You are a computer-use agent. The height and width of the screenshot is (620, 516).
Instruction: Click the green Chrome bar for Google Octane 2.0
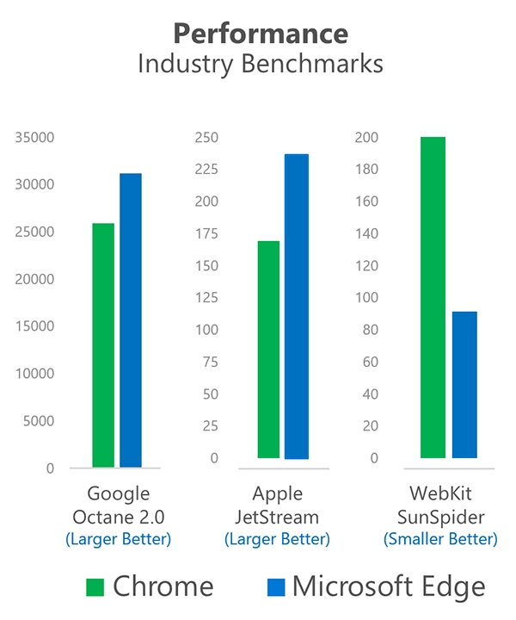(x=103, y=344)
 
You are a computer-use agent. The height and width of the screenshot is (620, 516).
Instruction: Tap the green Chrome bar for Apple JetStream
(x=268, y=349)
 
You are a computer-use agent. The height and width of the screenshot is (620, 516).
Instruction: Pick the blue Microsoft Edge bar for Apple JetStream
(x=296, y=306)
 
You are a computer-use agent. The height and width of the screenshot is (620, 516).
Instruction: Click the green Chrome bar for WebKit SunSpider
(x=433, y=297)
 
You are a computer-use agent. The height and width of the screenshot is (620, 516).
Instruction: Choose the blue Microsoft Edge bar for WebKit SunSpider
(x=464, y=384)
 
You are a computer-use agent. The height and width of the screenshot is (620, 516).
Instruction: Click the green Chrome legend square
(x=95, y=587)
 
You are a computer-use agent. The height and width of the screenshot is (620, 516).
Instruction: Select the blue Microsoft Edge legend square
(x=275, y=587)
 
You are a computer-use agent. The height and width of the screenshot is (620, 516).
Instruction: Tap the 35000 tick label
(x=37, y=138)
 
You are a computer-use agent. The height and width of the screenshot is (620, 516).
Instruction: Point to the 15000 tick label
(x=37, y=326)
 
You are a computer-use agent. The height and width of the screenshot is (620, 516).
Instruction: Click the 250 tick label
(x=206, y=138)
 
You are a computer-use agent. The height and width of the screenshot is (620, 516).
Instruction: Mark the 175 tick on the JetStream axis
(x=206, y=234)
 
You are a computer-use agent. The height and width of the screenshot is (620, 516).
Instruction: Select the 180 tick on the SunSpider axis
(x=368, y=170)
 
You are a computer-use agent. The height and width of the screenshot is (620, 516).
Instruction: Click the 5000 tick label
(x=40, y=421)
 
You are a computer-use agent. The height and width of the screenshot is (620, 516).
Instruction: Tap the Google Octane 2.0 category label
(x=119, y=505)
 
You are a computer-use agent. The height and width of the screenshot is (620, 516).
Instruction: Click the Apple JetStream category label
(x=277, y=505)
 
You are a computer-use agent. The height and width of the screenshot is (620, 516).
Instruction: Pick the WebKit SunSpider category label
(x=439, y=505)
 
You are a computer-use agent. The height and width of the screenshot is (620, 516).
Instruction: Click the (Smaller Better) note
(x=439, y=540)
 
